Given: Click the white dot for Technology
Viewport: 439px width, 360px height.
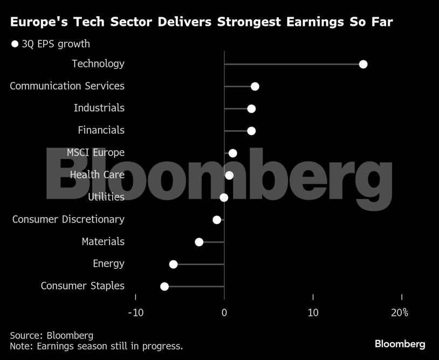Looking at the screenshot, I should click(x=363, y=65).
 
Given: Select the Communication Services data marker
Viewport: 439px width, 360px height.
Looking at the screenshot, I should click(x=255, y=87).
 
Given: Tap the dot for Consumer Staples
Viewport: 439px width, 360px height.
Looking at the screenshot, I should click(x=164, y=286).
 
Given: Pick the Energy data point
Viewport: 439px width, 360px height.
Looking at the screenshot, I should click(x=173, y=264).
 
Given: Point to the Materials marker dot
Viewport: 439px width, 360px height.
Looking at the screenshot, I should click(x=199, y=242).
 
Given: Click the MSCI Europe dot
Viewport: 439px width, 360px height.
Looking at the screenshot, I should click(x=233, y=153).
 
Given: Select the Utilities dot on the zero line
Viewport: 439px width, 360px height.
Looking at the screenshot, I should click(x=224, y=198).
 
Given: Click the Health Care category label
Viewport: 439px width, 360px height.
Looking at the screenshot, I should click(x=97, y=175).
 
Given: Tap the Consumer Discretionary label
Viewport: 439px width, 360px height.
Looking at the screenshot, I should click(x=68, y=219).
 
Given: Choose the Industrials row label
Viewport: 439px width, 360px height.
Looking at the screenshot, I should click(x=99, y=108).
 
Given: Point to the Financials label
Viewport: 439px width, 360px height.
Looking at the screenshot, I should click(x=101, y=130).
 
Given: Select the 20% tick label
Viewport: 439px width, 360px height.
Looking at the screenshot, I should click(x=399, y=313).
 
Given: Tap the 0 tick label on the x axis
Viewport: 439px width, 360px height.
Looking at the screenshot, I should click(x=224, y=313).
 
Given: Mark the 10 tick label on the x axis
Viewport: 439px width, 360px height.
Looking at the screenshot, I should click(x=313, y=313).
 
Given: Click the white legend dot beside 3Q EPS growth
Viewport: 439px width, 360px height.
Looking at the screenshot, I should click(x=15, y=44).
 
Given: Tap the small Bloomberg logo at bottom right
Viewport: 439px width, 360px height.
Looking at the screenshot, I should click(x=400, y=344).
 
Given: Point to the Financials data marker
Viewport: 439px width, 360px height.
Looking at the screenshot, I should click(x=251, y=131).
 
